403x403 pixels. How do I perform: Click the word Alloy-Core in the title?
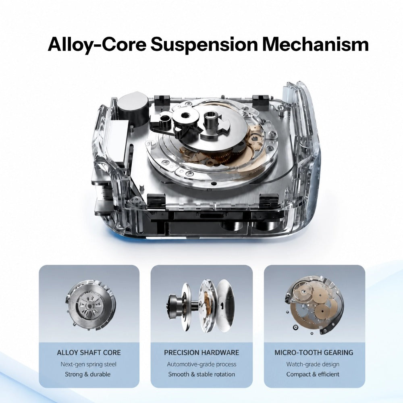coord(97,45)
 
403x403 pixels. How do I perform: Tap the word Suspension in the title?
coord(204,45)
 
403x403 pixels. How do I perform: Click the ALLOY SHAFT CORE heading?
coord(89,352)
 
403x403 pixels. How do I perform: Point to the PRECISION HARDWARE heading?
coord(201,352)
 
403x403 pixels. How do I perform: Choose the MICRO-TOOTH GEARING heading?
coord(314,352)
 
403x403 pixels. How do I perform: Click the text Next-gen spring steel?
coord(88,364)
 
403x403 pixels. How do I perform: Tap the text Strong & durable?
coord(87,374)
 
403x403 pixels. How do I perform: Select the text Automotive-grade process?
coord(201,364)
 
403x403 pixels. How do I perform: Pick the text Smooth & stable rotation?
coord(201,374)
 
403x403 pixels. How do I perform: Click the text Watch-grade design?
coord(313,364)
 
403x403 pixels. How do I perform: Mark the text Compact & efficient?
coord(313,374)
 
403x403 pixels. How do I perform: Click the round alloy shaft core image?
coord(90,306)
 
